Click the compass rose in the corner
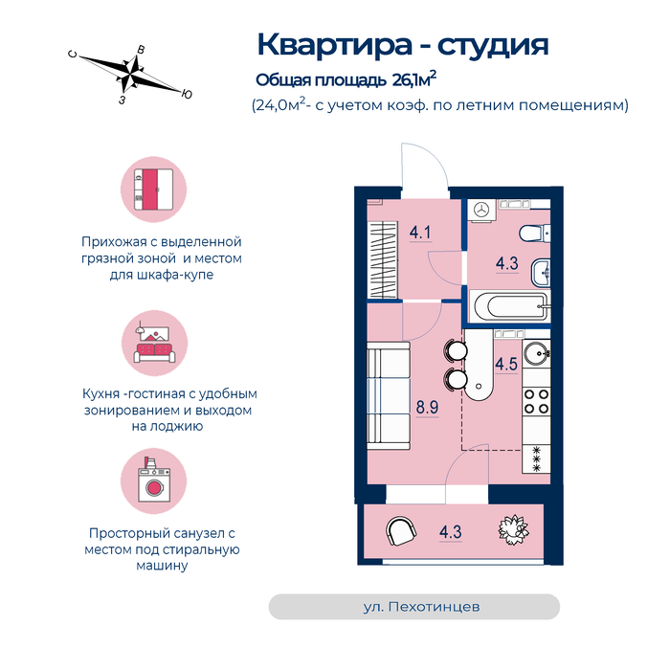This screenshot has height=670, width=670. click(x=130, y=75)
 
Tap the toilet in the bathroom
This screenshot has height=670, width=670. click(x=534, y=234)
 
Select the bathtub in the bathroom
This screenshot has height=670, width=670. click(x=510, y=306)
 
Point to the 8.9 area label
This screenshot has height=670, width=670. click(x=427, y=407)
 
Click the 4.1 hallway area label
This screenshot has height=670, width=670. click(x=420, y=233)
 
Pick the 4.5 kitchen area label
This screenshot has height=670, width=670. click(x=506, y=365)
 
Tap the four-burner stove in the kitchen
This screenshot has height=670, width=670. click(x=536, y=401)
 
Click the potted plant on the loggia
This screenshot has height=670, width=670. click(x=514, y=530)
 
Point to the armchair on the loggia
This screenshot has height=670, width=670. click(x=401, y=531)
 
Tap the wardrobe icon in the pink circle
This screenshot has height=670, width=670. click(x=153, y=190)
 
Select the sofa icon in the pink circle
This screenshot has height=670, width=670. click(x=154, y=345)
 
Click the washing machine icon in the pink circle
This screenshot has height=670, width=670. click(x=154, y=480)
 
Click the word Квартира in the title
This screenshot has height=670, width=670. click(x=335, y=45)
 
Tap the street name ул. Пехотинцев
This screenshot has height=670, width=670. click(x=421, y=607)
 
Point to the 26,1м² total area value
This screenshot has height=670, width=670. click(x=414, y=79)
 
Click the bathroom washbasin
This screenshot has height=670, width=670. click(x=541, y=272)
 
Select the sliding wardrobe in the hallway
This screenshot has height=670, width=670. click(x=383, y=259)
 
